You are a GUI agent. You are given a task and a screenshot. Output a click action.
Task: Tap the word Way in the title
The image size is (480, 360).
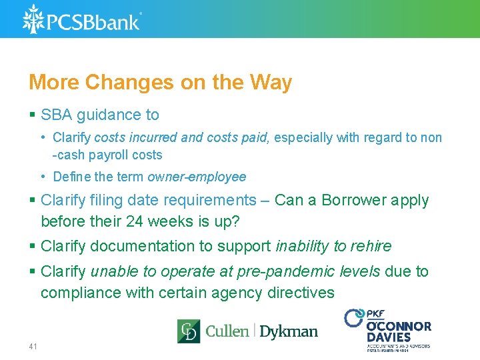[270, 83]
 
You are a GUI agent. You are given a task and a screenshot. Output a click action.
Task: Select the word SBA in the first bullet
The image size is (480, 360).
[57, 115]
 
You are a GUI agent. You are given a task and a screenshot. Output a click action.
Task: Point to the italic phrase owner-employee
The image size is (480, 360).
[197, 177]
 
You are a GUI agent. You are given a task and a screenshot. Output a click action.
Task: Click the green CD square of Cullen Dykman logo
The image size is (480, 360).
[188, 331]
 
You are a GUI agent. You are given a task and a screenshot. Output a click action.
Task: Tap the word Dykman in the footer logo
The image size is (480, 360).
[288, 331]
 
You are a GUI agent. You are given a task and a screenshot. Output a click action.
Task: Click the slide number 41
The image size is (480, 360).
[33, 347]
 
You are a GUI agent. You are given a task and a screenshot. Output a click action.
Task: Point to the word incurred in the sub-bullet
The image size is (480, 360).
[154, 138]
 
